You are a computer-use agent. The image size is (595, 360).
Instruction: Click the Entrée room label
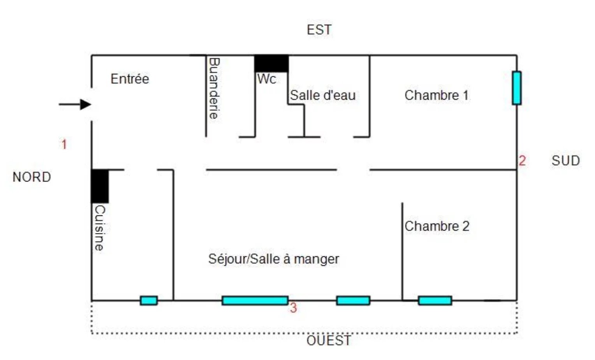click(130, 79)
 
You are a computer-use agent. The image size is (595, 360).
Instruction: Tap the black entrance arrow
click(75, 104)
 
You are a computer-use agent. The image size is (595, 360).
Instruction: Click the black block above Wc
click(271, 64)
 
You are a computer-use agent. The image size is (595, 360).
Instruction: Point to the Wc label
click(266, 79)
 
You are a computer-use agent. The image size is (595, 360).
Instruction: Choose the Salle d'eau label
click(322, 95)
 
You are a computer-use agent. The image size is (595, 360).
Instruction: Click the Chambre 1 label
click(436, 95)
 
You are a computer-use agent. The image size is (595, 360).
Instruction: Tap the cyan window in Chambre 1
click(516, 88)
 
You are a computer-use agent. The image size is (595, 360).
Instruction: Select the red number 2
click(522, 161)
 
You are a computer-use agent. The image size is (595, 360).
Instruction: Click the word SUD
click(565, 161)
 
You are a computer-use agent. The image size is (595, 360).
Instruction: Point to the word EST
click(319, 30)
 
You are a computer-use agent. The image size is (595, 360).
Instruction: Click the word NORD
click(32, 177)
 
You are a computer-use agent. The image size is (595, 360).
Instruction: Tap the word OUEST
click(328, 341)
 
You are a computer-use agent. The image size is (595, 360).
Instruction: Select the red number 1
click(64, 145)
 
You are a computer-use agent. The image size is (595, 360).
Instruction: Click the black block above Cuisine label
click(100, 186)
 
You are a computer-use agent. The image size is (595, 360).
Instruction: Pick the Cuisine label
click(100, 228)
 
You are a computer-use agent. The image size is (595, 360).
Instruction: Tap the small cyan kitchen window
click(149, 300)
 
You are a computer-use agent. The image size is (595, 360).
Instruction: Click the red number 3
click(293, 308)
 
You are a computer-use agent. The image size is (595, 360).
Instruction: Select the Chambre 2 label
click(437, 226)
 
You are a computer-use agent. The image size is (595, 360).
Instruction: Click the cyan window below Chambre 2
click(435, 300)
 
